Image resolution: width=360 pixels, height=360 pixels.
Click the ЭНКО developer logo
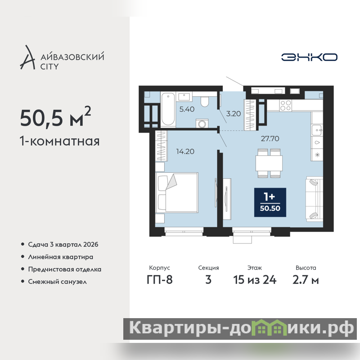coord(309,57)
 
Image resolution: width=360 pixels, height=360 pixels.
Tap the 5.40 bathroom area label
coord(187,109)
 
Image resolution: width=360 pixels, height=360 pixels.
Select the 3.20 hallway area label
coord(233,114)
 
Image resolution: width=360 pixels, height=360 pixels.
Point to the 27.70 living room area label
coord(270,139)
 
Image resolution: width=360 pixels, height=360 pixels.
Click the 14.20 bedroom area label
coord(185,152)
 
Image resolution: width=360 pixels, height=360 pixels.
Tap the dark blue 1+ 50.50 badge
coord(270,202)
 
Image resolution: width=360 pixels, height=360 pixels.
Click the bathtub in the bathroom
coord(168,109)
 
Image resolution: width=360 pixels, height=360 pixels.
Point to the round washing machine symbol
coord(202,124)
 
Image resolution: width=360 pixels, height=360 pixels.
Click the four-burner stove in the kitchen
coord(286,106)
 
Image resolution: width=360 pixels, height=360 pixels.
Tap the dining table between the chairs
coord(269,163)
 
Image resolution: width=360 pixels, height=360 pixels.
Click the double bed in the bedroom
coord(177,193)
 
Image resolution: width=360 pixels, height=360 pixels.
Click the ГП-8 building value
coord(160,280)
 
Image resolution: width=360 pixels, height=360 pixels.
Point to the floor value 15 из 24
coord(255,280)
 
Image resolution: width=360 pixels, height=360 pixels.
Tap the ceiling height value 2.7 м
coord(306,280)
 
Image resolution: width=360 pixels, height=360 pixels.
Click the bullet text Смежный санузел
coord(58,282)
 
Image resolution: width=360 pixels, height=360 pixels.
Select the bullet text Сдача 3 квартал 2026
coord(63,244)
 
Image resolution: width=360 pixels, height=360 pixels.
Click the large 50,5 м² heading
coord(55,117)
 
